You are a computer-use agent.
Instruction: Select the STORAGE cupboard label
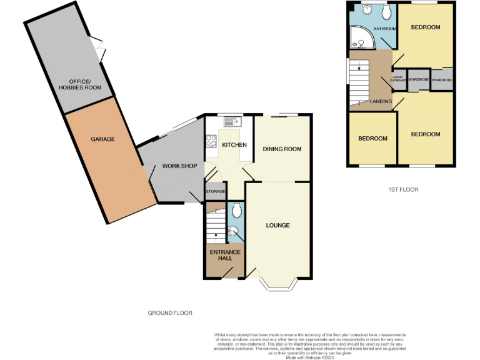point(215,191)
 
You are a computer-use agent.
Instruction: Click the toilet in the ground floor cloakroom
point(234,212)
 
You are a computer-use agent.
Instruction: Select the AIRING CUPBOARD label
point(398,79)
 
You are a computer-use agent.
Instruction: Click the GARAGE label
point(102,139)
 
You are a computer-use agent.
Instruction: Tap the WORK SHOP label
point(179,166)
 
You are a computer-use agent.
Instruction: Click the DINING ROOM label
point(282,149)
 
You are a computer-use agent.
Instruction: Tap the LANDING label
point(381,101)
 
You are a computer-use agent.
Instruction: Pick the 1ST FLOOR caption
point(402,189)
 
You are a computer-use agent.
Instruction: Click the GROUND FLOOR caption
point(170,312)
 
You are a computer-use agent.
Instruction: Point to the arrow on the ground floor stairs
point(216,235)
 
